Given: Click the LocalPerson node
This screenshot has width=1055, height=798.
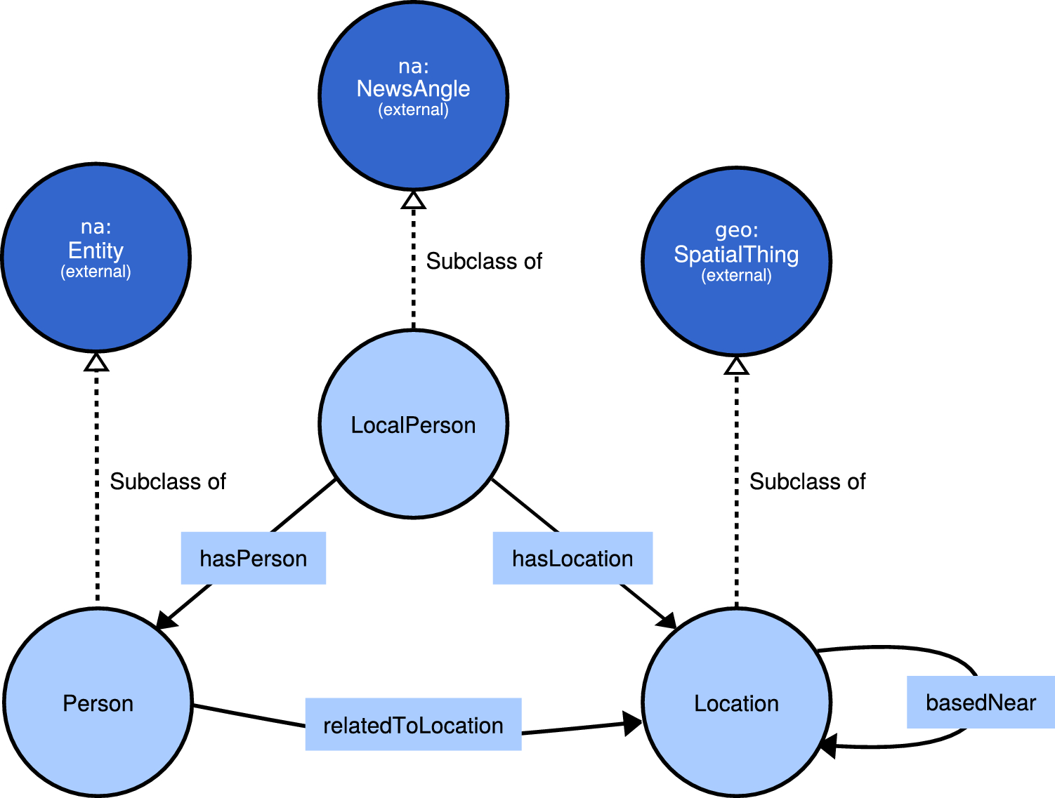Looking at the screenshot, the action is pos(413,424).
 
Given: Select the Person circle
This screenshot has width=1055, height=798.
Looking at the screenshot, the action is pos(98,703).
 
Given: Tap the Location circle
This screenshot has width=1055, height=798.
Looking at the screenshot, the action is pos(736,703).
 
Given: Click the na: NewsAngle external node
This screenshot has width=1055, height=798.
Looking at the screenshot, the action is pos(413,95).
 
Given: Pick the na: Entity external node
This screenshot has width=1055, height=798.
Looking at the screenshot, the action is pos(96,258).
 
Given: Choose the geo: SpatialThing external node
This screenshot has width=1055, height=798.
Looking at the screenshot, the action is pos(736,261).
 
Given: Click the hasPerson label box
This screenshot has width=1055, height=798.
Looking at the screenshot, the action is pos(254,558).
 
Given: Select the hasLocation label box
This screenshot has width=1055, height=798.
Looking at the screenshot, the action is pos(572,558).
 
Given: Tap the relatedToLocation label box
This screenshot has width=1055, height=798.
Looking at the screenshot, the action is pos(413,724).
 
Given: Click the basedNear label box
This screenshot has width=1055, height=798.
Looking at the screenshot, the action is pos(981,702).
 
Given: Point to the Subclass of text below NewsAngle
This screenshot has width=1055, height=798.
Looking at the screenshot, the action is pos(484,261).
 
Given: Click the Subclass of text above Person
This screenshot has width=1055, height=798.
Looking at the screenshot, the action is pos(168,481).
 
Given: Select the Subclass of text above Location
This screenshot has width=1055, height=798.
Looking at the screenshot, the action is pos(808,481).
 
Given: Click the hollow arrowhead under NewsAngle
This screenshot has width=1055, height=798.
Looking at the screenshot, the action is pos(413,200).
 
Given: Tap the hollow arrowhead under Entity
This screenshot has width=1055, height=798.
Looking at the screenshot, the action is pos(96,362).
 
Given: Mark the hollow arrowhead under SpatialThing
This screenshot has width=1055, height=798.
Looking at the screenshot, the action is pos(736,366).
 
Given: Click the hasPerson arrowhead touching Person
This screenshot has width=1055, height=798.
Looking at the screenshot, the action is pos(166,618).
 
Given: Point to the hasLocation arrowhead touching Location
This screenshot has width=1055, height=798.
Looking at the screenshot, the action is pos(666,620).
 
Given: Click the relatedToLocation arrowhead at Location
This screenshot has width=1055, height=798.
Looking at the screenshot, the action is pos(631,723).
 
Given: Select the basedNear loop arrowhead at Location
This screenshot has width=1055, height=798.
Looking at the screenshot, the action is pos(828,745).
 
